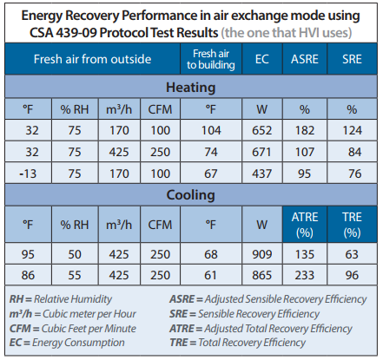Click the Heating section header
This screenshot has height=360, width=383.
point(191,88)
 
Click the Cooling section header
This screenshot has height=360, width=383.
point(191,195)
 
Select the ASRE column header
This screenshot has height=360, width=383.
point(305,59)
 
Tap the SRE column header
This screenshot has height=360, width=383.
point(352,59)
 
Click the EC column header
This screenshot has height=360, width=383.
point(262,59)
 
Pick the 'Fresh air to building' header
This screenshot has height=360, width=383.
point(211,59)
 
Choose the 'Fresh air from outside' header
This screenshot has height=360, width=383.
point(92,59)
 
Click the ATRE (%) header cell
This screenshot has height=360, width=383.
point(305,225)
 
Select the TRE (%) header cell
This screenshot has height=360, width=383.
point(352,225)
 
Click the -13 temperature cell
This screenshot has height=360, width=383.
point(28,173)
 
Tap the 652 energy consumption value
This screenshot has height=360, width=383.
point(261,130)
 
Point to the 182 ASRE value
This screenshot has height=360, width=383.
point(305,130)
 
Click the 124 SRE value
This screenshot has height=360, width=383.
point(352,130)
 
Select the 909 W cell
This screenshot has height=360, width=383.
point(261,254)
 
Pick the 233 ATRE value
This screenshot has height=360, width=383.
point(305,275)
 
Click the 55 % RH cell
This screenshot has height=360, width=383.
point(75,275)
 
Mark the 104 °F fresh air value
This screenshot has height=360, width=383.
point(211,130)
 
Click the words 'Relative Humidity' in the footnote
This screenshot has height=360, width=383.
point(73,299)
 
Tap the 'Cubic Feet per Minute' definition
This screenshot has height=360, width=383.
point(89,329)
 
